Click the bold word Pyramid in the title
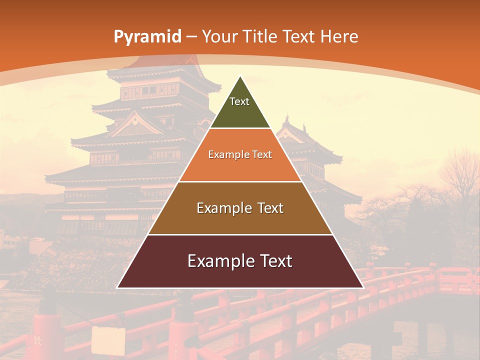click(x=147, y=36)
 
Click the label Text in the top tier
click(x=239, y=101)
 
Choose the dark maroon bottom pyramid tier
click(x=240, y=275)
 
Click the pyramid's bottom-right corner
click(x=362, y=287)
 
